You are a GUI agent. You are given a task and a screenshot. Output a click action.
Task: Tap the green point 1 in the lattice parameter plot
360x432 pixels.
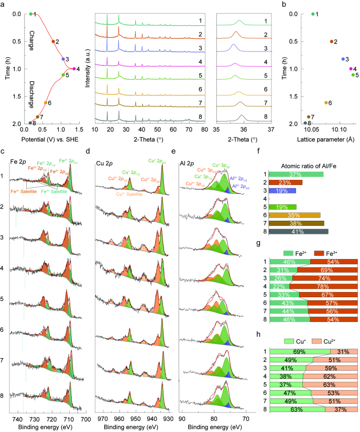click(x=313, y=14)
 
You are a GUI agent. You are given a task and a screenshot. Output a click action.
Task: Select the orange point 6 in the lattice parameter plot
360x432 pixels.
click(x=326, y=103)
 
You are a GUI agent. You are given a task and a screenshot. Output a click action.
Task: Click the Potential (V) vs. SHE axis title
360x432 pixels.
click(x=52, y=142)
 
